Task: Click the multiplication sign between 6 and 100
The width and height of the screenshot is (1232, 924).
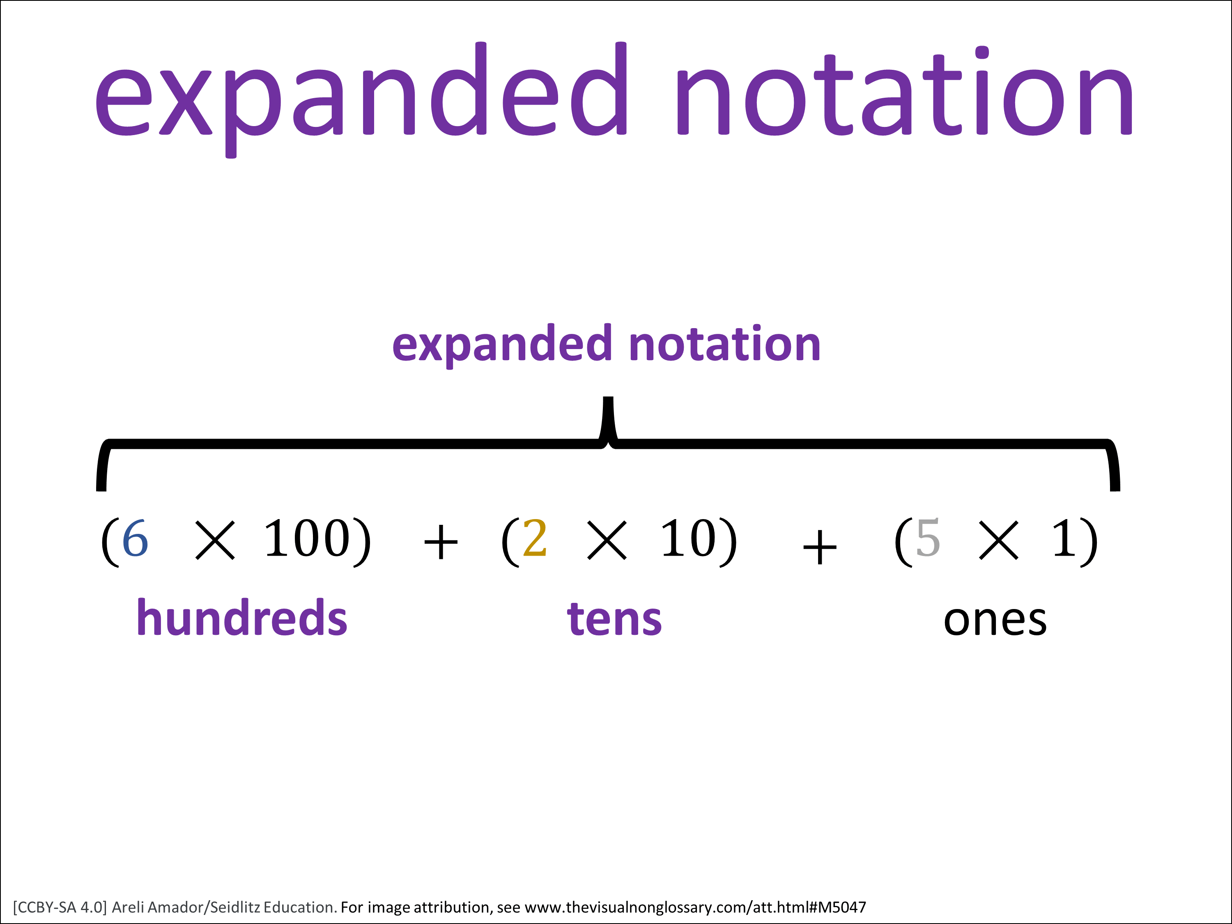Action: click(x=216, y=540)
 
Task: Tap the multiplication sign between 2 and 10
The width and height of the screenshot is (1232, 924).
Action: click(x=607, y=540)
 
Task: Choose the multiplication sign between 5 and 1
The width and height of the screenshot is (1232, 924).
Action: click(x=999, y=540)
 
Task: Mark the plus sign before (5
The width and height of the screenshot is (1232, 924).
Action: click(x=819, y=547)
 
